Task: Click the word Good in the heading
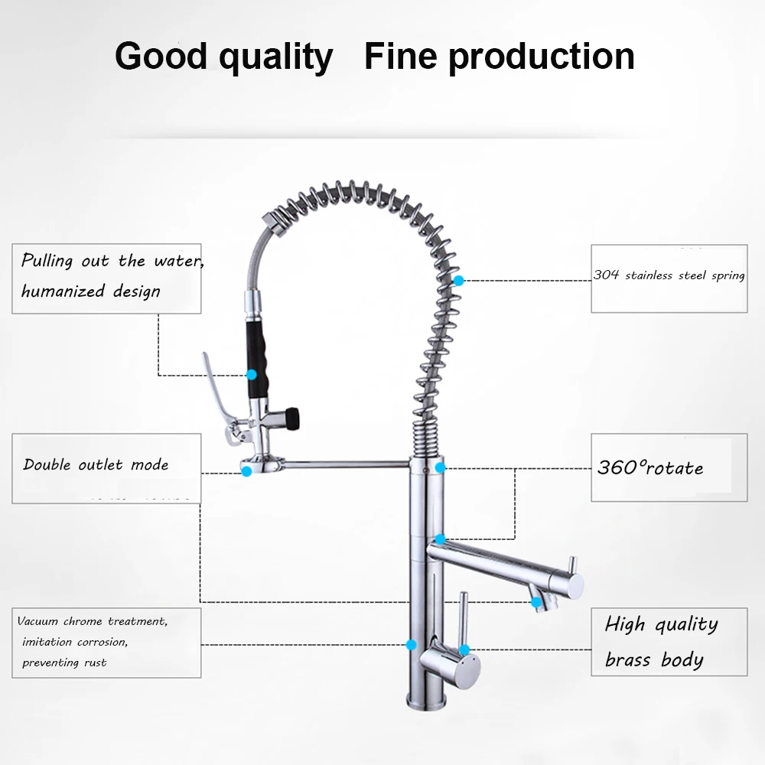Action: [161, 56]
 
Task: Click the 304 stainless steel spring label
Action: [669, 275]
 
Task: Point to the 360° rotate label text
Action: [650, 468]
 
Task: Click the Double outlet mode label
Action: [96, 464]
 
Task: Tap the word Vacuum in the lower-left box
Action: [37, 621]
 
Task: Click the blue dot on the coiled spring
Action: [458, 281]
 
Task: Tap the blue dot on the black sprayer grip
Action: [251, 375]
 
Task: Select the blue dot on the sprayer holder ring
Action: [247, 471]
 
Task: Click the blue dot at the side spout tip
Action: [536, 603]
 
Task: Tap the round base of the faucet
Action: [426, 702]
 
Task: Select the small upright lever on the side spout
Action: [574, 566]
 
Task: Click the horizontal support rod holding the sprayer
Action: [346, 464]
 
